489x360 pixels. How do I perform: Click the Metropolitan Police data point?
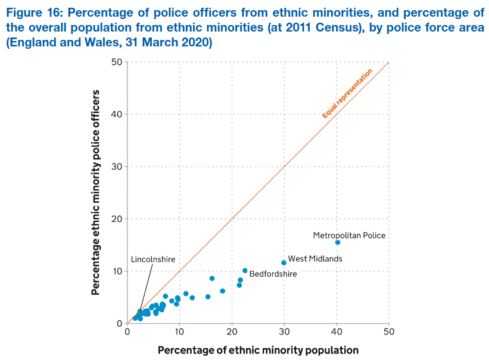coord(338,242)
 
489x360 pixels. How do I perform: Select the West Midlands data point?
coord(284,262)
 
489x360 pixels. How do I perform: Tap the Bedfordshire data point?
coord(245,271)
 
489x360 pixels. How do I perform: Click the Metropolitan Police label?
coord(349,235)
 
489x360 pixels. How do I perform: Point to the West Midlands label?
coord(315,259)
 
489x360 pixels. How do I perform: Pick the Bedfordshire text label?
coord(273,274)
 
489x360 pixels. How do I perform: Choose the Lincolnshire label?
coord(153,259)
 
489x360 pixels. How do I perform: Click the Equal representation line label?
coord(347,93)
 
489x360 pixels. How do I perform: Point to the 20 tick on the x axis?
coord(232,331)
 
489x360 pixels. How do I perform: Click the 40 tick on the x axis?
coord(337,331)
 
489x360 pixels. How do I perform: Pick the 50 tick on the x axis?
coord(389,331)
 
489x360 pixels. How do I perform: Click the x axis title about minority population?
coord(258,350)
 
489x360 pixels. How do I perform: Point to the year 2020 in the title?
coord(198,43)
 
